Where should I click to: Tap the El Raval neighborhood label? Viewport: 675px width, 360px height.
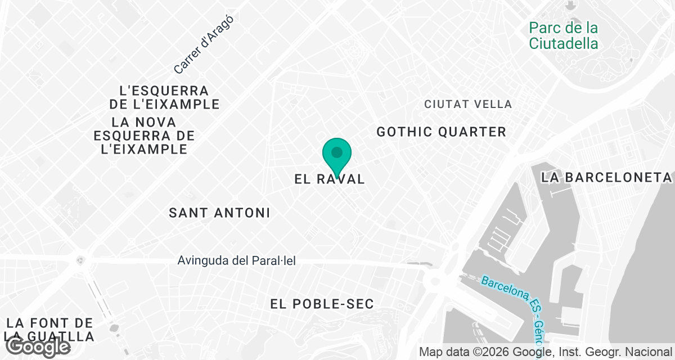pyautogui.click(x=330, y=179)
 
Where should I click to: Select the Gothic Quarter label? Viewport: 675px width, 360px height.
pyautogui.click(x=441, y=132)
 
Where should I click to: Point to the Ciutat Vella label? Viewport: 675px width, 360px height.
pyautogui.click(x=468, y=104)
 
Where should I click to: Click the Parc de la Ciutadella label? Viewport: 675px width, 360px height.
pyautogui.click(x=563, y=35)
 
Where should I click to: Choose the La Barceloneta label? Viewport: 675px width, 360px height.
pyautogui.click(x=606, y=178)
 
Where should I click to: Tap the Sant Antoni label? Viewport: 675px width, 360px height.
pyautogui.click(x=219, y=213)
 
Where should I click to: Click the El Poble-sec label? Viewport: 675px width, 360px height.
pyautogui.click(x=322, y=304)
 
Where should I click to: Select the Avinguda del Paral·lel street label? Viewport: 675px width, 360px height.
pyautogui.click(x=236, y=261)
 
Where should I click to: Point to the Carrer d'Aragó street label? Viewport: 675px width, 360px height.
pyautogui.click(x=203, y=44)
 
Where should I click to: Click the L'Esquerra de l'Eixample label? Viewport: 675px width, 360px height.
pyautogui.click(x=164, y=97)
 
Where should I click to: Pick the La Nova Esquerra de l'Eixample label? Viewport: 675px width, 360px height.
pyautogui.click(x=144, y=136)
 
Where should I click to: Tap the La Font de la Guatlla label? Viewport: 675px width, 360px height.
pyautogui.click(x=49, y=330)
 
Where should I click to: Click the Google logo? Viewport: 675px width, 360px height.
pyautogui.click(x=38, y=347)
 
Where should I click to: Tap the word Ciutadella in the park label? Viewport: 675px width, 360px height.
pyautogui.click(x=563, y=43)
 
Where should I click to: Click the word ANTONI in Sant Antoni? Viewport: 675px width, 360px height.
pyautogui.click(x=242, y=213)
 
